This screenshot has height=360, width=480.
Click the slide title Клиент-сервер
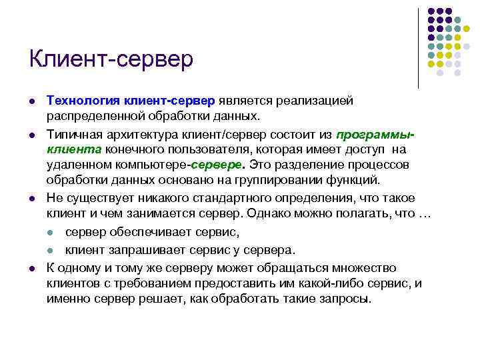pos(111,59)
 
